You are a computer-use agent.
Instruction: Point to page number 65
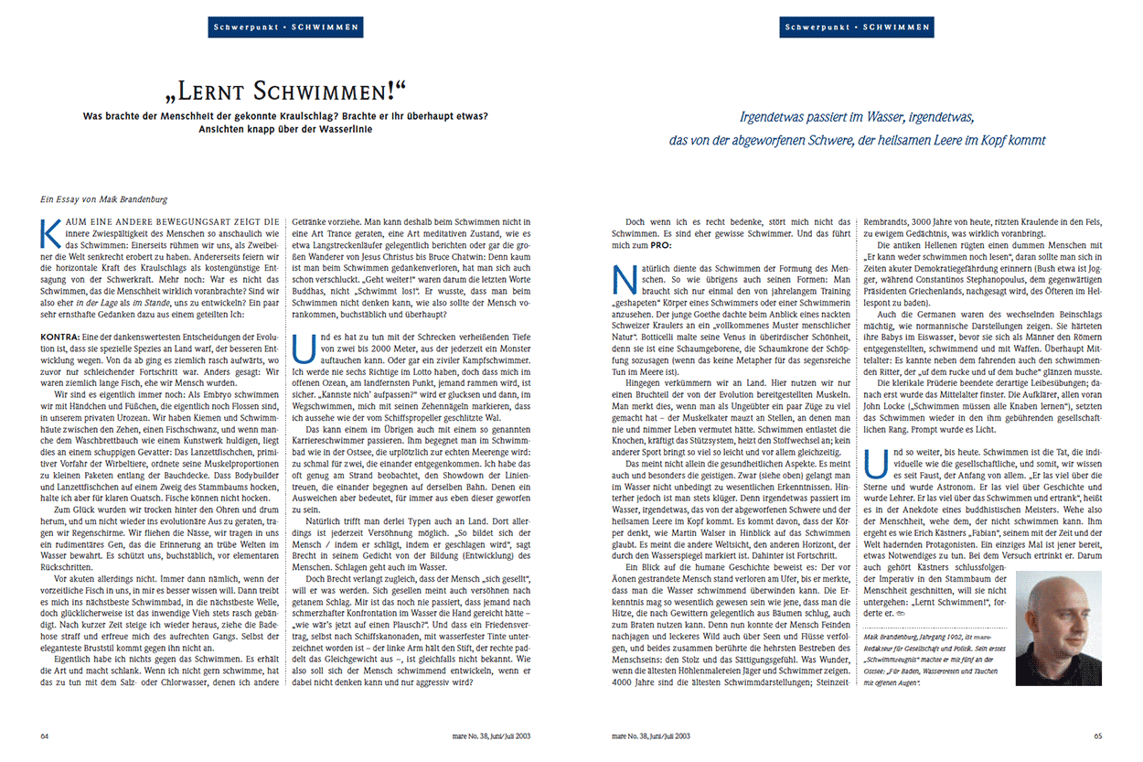[x=1098, y=735]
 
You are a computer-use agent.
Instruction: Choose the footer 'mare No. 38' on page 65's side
[x=650, y=735]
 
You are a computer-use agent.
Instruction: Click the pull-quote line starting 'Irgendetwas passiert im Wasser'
[x=857, y=118]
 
